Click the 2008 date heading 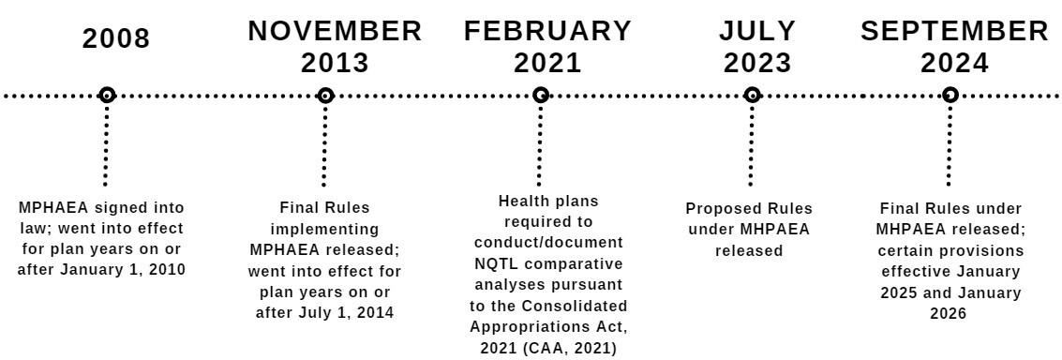coord(116,38)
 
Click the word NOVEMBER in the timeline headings coord(335,31)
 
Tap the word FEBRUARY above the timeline coord(548,31)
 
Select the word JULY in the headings coord(757,31)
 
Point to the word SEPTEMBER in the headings coord(955,31)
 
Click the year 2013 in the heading coord(335,64)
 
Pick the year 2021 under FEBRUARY coord(547,64)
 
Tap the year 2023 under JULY coord(757,64)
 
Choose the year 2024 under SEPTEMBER coord(954,64)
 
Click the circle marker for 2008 coord(107,95)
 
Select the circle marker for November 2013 coord(325,95)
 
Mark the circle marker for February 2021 coord(541,95)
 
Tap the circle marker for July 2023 coord(752,95)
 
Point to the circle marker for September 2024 coord(950,95)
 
